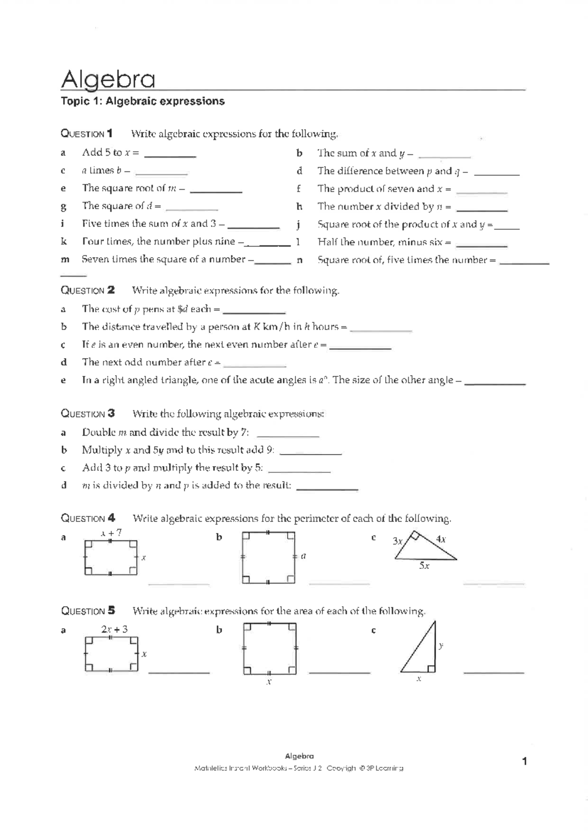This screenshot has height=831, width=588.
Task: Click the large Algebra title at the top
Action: (108, 79)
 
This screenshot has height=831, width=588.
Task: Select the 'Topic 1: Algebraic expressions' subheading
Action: (143, 101)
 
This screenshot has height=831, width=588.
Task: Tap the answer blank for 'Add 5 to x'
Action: (170, 156)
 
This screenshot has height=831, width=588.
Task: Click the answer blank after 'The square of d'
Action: (192, 209)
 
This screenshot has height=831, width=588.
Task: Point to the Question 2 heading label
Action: (88, 290)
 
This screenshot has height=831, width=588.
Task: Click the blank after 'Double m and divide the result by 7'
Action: (288, 436)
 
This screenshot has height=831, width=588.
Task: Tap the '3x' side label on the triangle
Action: (398, 541)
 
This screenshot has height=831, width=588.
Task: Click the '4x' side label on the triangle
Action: (441, 539)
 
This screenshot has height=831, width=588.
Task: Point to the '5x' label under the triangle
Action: (424, 566)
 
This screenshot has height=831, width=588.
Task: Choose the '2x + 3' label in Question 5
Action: (114, 629)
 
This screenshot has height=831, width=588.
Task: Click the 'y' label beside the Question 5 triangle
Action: (441, 646)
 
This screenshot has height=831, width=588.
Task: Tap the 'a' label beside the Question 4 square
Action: (304, 556)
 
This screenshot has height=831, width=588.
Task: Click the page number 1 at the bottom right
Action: (524, 761)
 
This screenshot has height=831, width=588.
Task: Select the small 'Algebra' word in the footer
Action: (299, 756)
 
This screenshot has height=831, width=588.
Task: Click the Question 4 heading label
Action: (88, 518)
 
